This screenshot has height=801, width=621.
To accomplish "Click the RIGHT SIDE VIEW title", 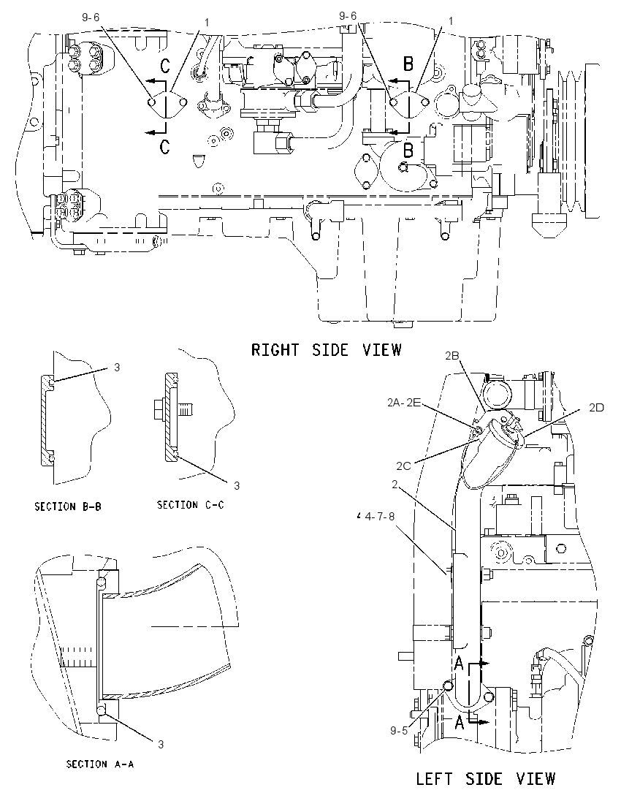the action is click(x=327, y=350).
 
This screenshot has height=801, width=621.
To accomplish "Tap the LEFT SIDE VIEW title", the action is click(x=485, y=778).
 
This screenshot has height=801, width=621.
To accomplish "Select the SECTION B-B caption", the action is click(x=68, y=506).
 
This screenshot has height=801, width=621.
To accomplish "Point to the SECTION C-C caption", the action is click(x=191, y=505).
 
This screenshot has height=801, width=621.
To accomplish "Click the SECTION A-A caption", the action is click(x=100, y=764).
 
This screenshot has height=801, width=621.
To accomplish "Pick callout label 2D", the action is click(x=596, y=407).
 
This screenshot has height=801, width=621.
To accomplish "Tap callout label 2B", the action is click(x=452, y=356).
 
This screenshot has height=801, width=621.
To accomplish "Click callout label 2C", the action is click(x=403, y=466).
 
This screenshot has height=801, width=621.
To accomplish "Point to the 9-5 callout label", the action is click(x=399, y=731).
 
